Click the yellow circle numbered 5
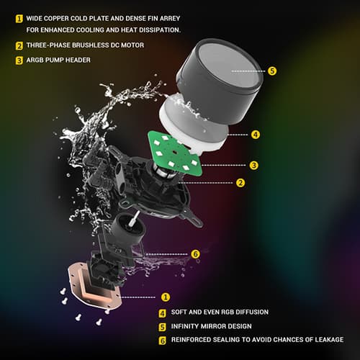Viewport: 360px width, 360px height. click(272, 71)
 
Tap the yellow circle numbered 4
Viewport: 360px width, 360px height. click(256, 135)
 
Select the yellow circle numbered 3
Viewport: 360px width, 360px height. click(253, 166)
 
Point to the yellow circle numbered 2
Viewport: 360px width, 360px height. click(240, 183)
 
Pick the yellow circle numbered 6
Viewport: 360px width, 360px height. click(195, 254)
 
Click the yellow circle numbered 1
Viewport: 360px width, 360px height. click(166, 297)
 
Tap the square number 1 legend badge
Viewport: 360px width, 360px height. click(19, 19)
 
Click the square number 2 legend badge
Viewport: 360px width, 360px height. click(19, 45)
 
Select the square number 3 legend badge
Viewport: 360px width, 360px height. click(19, 60)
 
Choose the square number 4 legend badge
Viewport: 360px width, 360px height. click(163, 313)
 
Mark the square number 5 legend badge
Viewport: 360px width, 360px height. click(163, 327)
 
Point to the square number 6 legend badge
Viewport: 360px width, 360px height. click(163, 341)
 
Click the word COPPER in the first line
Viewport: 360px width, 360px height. click(56, 19)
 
